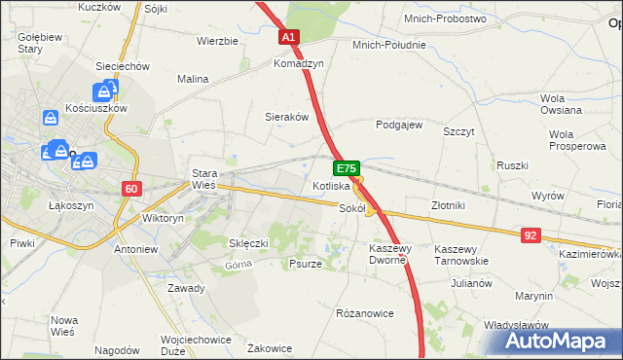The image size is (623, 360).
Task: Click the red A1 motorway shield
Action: [x=289, y=37]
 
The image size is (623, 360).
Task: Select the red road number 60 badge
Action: [x=133, y=189]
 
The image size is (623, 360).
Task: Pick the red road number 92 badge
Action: [x=531, y=234]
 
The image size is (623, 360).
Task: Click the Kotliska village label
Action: [x=331, y=185]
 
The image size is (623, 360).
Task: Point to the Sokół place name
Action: [x=351, y=208]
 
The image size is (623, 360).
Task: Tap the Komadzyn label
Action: [x=298, y=62]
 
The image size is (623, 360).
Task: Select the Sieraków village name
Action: [x=287, y=116]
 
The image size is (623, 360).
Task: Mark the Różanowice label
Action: [x=364, y=313]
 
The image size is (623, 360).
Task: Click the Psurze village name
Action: [x=306, y=264]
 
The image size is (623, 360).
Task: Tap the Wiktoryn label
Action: [x=163, y=219]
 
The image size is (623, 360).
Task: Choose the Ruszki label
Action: [x=512, y=165]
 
